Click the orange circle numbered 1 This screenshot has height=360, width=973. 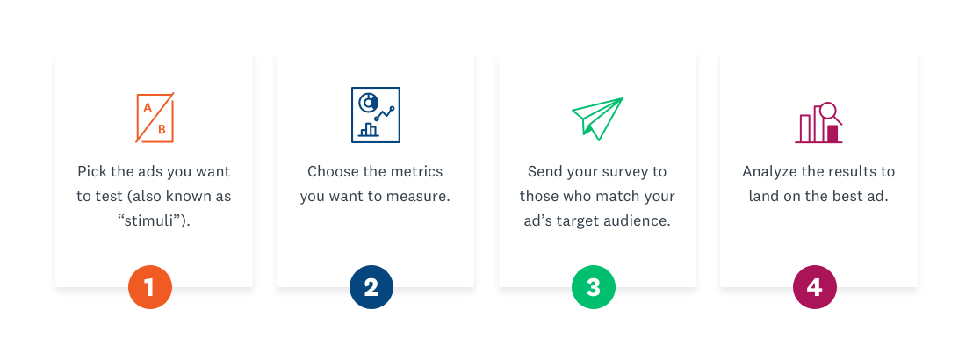[150, 287]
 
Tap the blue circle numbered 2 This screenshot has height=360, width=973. [371, 287]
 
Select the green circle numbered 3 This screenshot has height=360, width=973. [594, 287]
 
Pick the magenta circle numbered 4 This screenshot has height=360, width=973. [815, 287]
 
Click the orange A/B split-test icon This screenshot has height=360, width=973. [155, 118]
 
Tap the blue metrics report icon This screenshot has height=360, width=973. [376, 115]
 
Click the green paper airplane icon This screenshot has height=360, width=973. [597, 119]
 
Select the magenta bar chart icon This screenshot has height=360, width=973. [818, 123]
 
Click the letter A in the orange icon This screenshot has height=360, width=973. [148, 108]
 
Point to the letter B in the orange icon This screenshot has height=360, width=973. [162, 129]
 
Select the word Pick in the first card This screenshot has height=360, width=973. [90, 171]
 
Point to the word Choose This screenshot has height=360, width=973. [330, 171]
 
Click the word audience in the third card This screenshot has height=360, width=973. [643, 221]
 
